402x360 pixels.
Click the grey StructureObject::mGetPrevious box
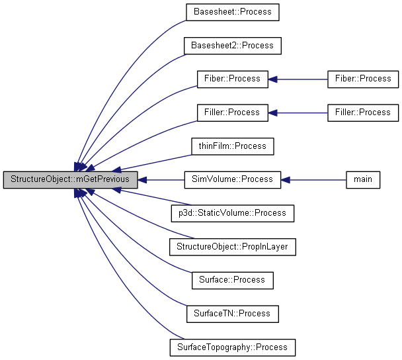point(71,179)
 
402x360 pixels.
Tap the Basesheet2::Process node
point(232,46)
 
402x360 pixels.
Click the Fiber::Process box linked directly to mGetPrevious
point(232,79)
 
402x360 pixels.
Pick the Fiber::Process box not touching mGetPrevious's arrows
point(363,79)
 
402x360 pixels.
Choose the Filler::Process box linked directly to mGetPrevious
point(232,112)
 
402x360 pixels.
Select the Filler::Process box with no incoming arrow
point(363,112)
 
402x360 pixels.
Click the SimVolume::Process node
point(232,179)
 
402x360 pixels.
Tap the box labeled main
point(363,179)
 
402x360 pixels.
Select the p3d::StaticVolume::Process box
point(232,213)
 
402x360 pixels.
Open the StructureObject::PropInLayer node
point(232,247)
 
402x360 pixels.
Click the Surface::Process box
point(232,280)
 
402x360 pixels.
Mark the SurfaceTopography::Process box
point(232,347)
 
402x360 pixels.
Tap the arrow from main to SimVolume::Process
point(314,179)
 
